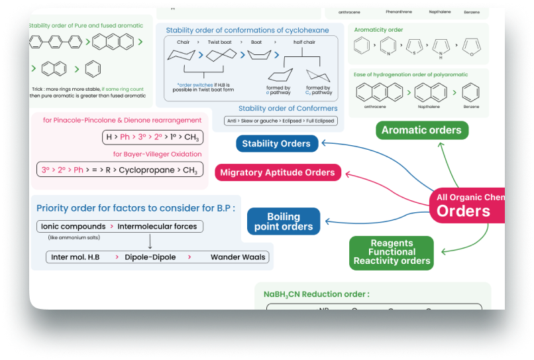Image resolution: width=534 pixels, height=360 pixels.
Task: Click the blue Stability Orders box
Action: point(276,143)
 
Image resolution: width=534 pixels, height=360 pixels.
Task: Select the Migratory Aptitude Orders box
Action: point(278,173)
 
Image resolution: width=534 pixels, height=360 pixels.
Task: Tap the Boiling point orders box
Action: point(283,221)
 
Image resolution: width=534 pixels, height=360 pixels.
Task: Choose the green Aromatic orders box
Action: point(421,130)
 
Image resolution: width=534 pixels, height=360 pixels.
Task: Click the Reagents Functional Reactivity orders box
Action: point(392,253)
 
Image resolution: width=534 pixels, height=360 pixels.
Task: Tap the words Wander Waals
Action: point(238,257)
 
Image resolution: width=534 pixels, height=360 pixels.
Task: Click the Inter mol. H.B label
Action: point(76,257)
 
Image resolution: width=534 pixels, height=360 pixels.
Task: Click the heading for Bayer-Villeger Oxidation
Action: point(157,154)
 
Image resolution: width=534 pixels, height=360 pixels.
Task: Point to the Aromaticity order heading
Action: point(378,30)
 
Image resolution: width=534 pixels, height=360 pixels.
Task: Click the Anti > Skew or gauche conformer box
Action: point(281,121)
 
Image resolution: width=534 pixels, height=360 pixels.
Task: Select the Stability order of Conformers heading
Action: point(288,108)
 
